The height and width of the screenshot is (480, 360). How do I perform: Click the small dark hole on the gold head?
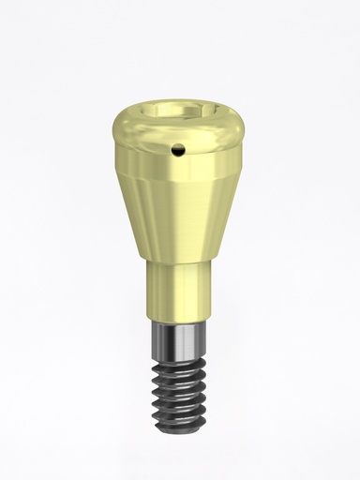[179, 148]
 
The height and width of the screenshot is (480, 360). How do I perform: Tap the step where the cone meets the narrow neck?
[178, 262]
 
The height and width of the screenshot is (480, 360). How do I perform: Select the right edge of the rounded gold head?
[246, 131]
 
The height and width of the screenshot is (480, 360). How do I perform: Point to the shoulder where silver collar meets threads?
[178, 351]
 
